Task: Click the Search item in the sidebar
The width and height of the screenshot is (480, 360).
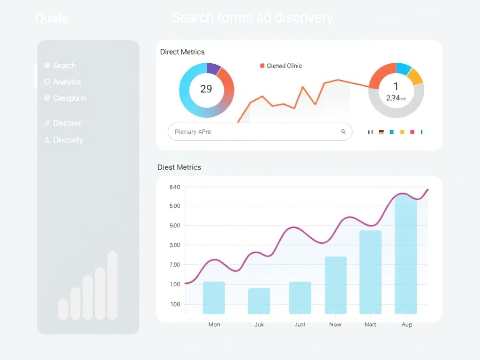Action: (x=64, y=66)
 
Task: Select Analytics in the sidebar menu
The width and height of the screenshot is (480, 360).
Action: (x=67, y=82)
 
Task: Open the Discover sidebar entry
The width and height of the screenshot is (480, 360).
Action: (x=67, y=123)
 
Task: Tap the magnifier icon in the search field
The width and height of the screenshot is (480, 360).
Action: (x=343, y=132)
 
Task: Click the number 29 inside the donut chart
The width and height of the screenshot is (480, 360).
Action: (x=206, y=89)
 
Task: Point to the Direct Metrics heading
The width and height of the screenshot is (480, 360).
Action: (x=182, y=52)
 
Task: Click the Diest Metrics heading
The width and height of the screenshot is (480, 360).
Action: (x=179, y=167)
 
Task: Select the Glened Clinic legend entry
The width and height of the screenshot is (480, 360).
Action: (x=284, y=66)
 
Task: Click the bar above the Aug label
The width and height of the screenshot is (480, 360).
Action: (x=405, y=255)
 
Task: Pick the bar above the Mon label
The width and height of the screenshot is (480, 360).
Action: (x=214, y=298)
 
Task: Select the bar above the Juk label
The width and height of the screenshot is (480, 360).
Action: (x=259, y=301)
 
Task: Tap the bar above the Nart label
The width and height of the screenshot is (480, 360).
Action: (x=370, y=272)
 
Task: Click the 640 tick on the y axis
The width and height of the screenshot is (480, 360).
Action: (x=174, y=187)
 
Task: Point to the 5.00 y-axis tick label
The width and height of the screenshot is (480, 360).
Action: (x=174, y=206)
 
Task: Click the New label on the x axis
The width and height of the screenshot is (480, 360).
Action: (x=335, y=324)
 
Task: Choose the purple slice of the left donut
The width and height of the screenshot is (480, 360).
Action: (x=213, y=68)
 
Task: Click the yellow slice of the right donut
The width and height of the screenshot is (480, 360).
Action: (x=415, y=76)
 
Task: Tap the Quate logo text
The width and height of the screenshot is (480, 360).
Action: (x=52, y=18)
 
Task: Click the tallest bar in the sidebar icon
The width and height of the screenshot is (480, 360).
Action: (x=112, y=286)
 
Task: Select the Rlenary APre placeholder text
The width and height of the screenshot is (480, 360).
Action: (x=193, y=132)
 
